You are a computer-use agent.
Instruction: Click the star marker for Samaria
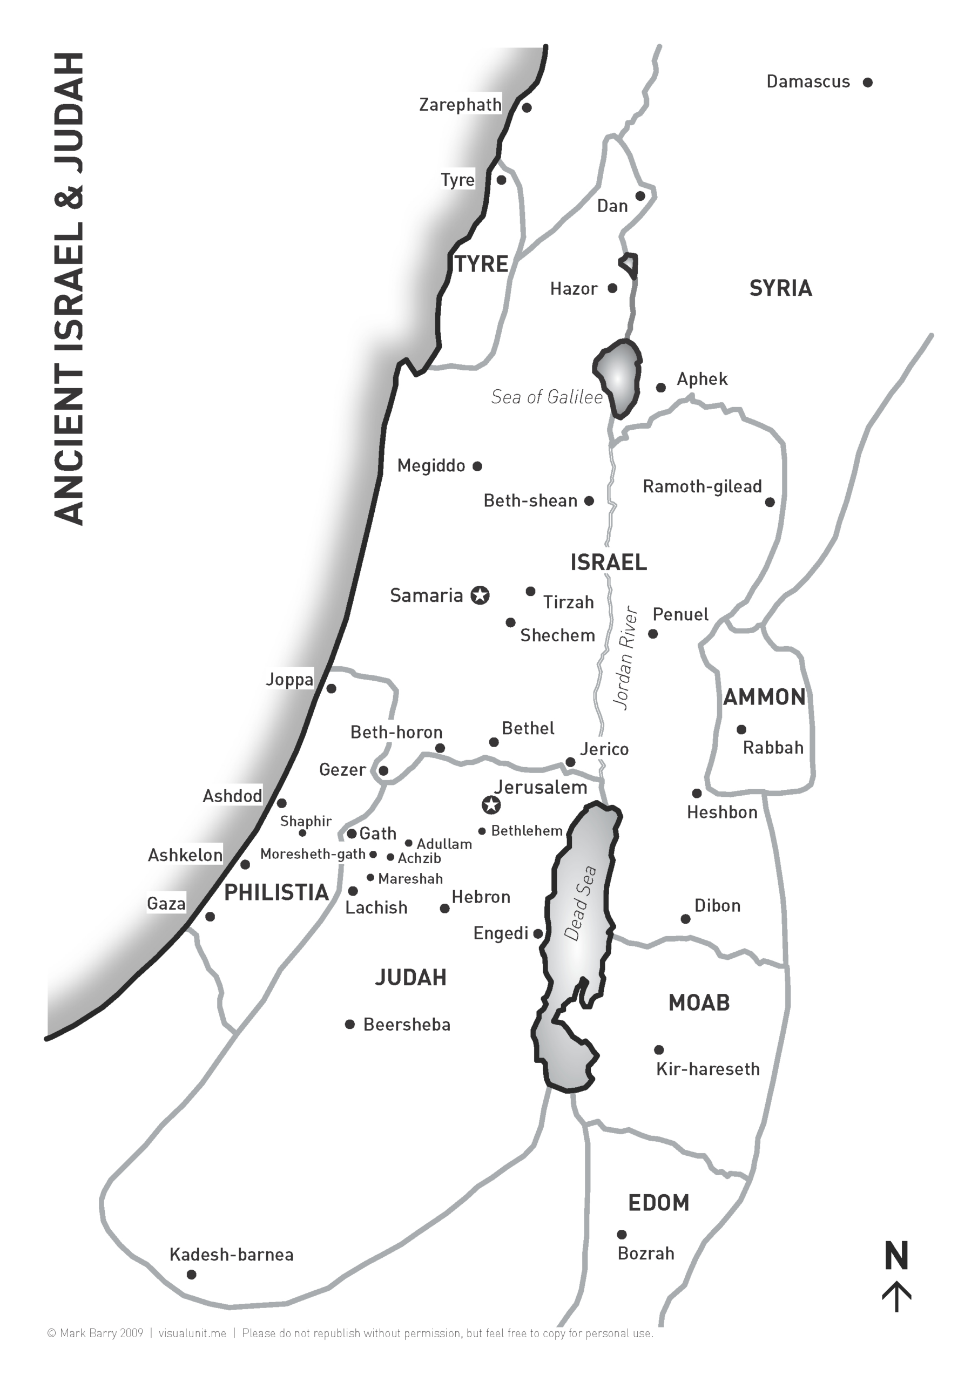480,595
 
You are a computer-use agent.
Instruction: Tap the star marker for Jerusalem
491,804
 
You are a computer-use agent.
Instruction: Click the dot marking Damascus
868,83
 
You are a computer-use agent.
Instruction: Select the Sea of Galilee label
547,397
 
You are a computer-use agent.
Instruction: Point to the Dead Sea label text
580,903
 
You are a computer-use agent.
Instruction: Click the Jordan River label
625,658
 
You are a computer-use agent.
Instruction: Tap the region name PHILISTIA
276,893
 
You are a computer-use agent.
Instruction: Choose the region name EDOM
658,1203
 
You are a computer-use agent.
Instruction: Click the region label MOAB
699,1003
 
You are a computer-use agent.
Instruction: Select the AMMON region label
764,697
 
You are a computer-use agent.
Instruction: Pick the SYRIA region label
780,288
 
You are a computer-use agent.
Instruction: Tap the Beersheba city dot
350,1025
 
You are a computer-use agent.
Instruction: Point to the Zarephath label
460,105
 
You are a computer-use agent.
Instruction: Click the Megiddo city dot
477,466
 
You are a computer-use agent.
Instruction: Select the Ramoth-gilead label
702,486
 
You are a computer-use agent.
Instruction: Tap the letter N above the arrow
896,1256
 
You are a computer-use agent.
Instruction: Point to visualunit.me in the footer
192,1333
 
